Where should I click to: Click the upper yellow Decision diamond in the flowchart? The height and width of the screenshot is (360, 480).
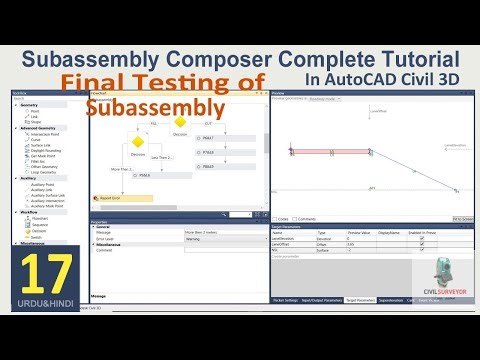(180, 123)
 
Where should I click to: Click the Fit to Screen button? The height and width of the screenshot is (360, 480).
(462, 218)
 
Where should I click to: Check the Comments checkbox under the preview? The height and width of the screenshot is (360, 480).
(295, 218)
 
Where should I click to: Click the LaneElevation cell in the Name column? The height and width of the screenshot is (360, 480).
(284, 238)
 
